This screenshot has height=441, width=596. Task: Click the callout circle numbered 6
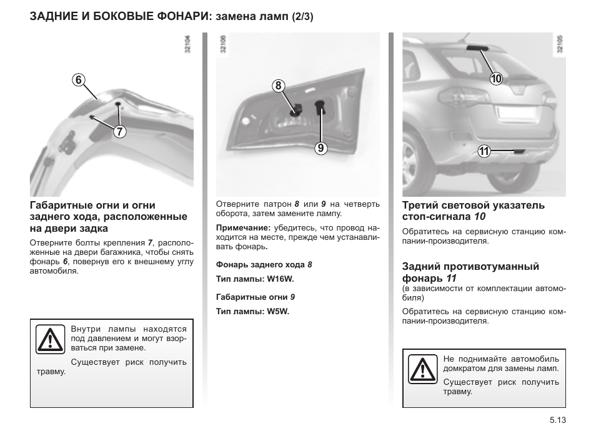click(77, 79)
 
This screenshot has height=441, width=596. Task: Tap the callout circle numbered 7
click(119, 131)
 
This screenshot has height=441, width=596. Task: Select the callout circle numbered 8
click(279, 86)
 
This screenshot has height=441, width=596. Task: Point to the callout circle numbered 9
click(320, 148)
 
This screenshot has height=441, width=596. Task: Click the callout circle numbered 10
click(496, 78)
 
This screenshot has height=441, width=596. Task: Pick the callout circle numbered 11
click(484, 151)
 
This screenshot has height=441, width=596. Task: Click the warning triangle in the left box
click(48, 339)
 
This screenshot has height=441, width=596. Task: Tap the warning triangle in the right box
click(422, 369)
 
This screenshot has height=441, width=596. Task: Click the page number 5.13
click(557, 421)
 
